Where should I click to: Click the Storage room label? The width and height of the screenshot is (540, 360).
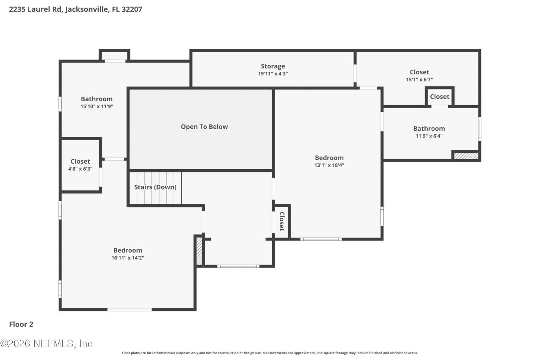coord(273,66)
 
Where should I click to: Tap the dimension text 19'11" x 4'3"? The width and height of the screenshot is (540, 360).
coord(273,73)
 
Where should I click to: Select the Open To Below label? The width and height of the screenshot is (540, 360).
coord(204,127)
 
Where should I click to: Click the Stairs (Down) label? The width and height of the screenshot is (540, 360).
coord(155,187)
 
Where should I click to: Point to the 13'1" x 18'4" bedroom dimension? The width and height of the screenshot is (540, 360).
coord(329,165)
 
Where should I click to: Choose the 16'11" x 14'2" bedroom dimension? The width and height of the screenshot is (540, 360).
coord(127,257)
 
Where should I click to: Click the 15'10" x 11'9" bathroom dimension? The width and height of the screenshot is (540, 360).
coord(97,106)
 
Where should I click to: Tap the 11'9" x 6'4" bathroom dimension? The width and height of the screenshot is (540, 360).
coord(429,136)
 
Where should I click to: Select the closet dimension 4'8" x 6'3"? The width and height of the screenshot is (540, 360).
coord(80,169)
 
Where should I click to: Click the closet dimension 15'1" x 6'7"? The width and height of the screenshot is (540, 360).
coord(419,79)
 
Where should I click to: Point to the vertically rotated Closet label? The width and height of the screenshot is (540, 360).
coord(281,221)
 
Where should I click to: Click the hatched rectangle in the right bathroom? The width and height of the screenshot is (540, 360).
coord(466,156)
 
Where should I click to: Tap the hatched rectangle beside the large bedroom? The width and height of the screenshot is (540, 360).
coord(199,251)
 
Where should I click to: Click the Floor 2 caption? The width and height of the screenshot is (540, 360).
coord(21,324)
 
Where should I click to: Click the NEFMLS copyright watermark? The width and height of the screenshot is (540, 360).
coord(46,344)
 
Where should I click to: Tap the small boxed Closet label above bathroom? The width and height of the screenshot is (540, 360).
coord(440,97)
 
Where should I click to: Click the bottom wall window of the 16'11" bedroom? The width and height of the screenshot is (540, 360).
coord(129,310)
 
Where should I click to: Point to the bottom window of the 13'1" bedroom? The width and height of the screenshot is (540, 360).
coord(321,239)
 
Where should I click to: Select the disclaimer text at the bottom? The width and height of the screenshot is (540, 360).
coord(270,353)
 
